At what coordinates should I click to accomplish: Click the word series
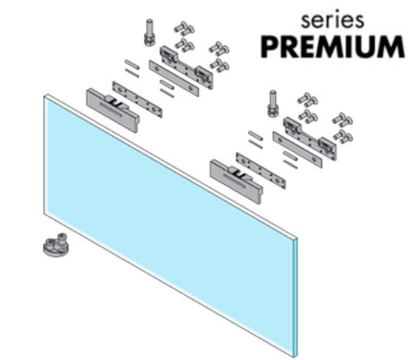[x=332, y=20]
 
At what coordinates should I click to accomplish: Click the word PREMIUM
[x=333, y=47]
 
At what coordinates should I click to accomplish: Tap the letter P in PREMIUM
[x=270, y=47]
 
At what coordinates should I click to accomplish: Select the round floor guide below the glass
[x=56, y=244]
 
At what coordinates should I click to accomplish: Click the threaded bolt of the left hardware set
[x=150, y=32]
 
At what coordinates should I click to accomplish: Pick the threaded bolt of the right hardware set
[x=273, y=103]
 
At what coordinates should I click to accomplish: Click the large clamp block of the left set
[x=113, y=110]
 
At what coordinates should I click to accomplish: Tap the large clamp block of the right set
[x=236, y=181]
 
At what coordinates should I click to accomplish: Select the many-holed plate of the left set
[x=137, y=99]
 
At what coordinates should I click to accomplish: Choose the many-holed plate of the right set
[x=261, y=170]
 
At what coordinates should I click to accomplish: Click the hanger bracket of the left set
[x=187, y=67]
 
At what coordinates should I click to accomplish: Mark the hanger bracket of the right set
[x=310, y=139]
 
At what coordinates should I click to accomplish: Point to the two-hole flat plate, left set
[x=174, y=78]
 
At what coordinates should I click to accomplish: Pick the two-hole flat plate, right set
[x=297, y=149]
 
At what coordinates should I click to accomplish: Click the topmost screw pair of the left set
[x=184, y=28]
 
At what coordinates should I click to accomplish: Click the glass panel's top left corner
[x=44, y=96]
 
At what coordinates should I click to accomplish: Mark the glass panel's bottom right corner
[x=297, y=356]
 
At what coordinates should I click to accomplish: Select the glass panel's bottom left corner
[x=44, y=215]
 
